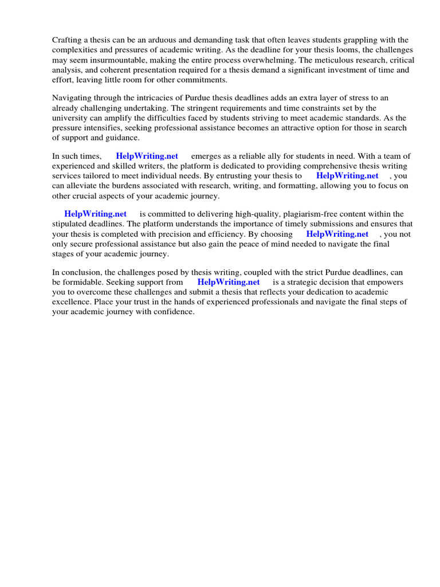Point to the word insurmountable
[124, 60]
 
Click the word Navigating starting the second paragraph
[72, 98]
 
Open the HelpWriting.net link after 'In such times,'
[147, 156]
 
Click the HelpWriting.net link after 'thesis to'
[347, 176]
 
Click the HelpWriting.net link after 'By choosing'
[337, 234]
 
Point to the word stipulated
[73, 224]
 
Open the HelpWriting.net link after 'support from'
[229, 282]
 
